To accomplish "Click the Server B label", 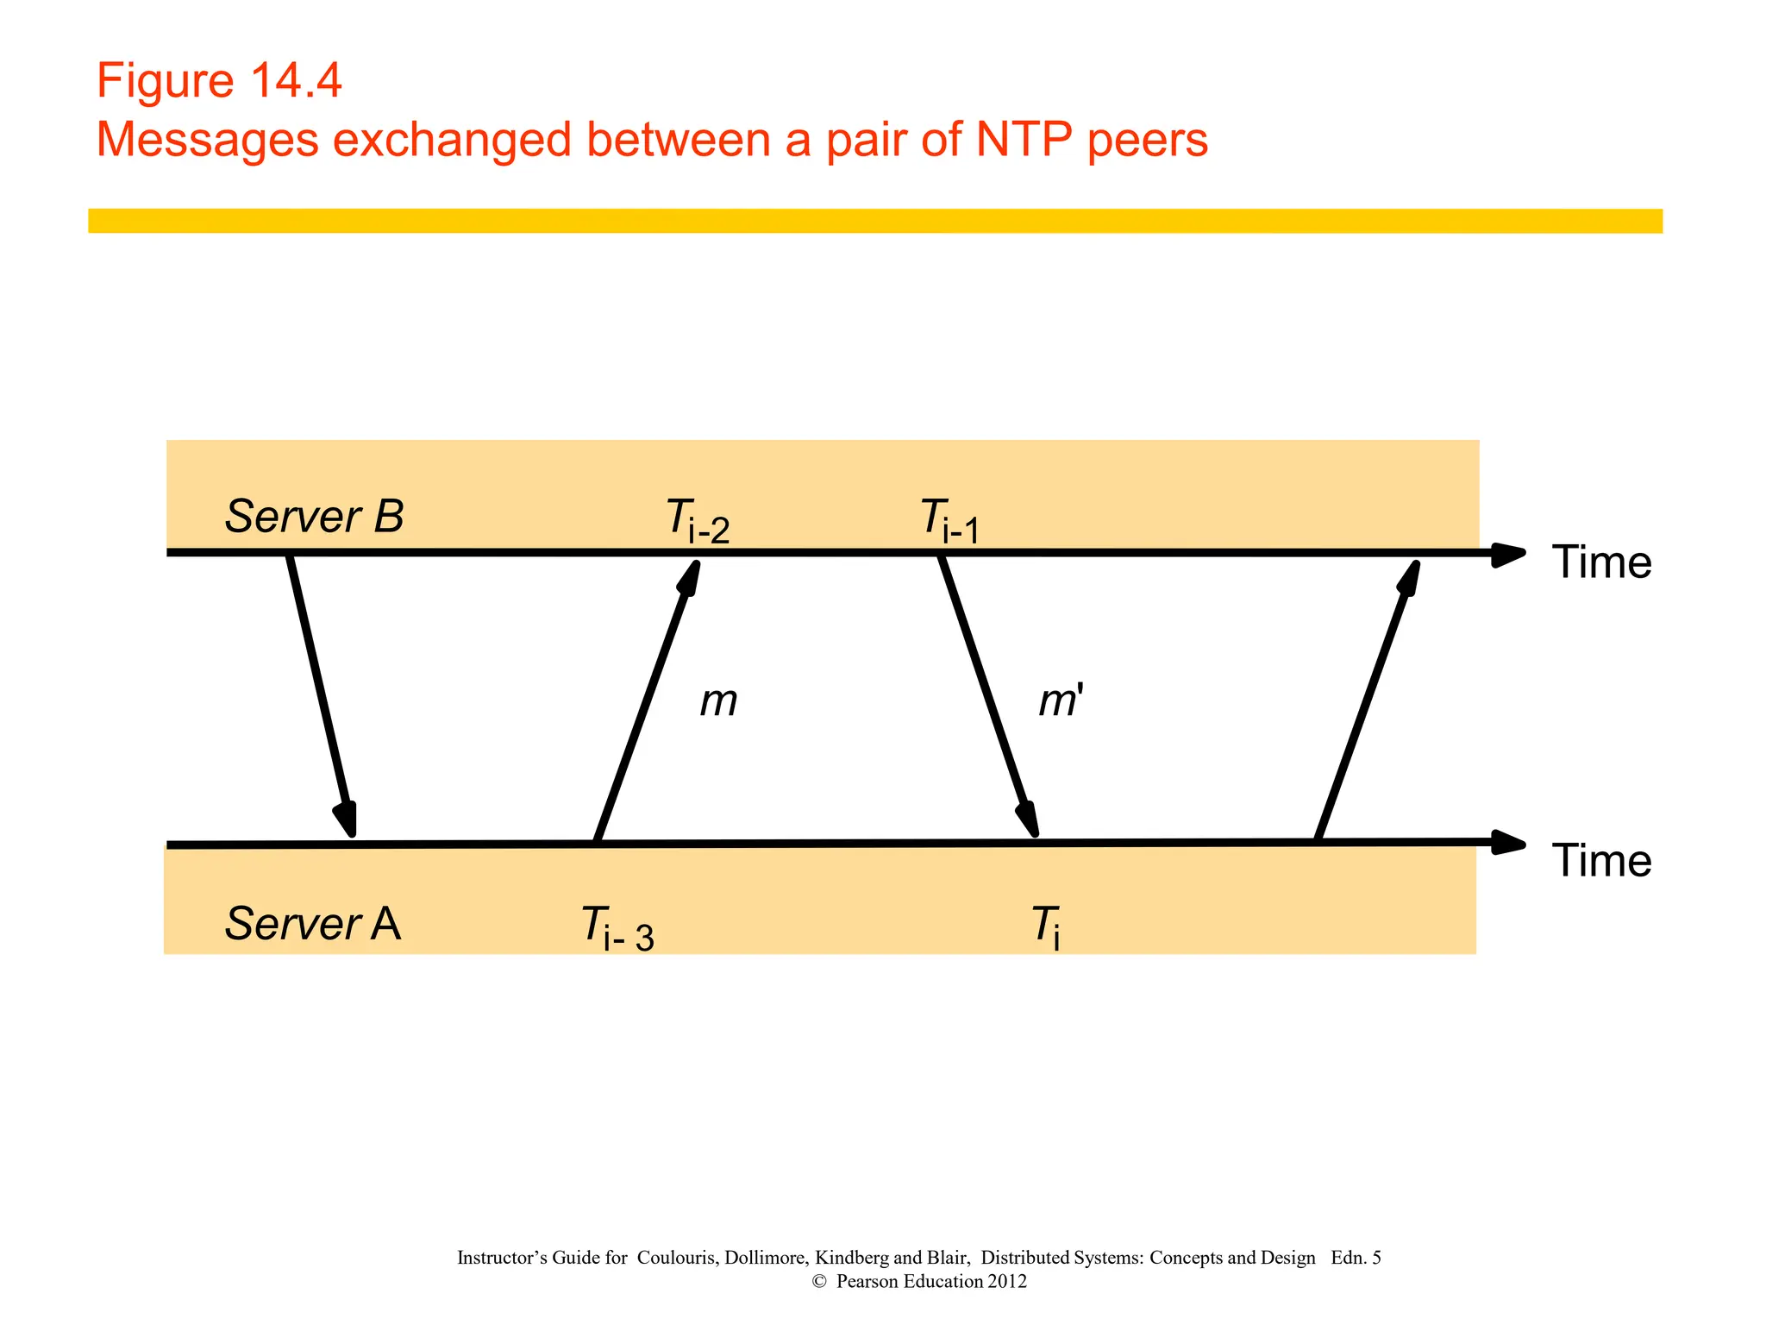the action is click(x=314, y=517).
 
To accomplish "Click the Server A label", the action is click(x=313, y=924).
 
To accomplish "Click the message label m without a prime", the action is click(x=718, y=700).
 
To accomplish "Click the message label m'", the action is click(x=1060, y=700).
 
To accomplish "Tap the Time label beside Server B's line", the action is click(x=1601, y=562).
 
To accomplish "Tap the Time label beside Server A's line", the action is click(x=1601, y=861).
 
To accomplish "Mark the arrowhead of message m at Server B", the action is click(x=692, y=576).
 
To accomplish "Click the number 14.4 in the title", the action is click(x=296, y=81).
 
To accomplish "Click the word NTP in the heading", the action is click(x=1024, y=139).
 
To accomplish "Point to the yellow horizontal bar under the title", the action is click(x=874, y=221).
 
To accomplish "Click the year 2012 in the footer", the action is click(x=1007, y=1281).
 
